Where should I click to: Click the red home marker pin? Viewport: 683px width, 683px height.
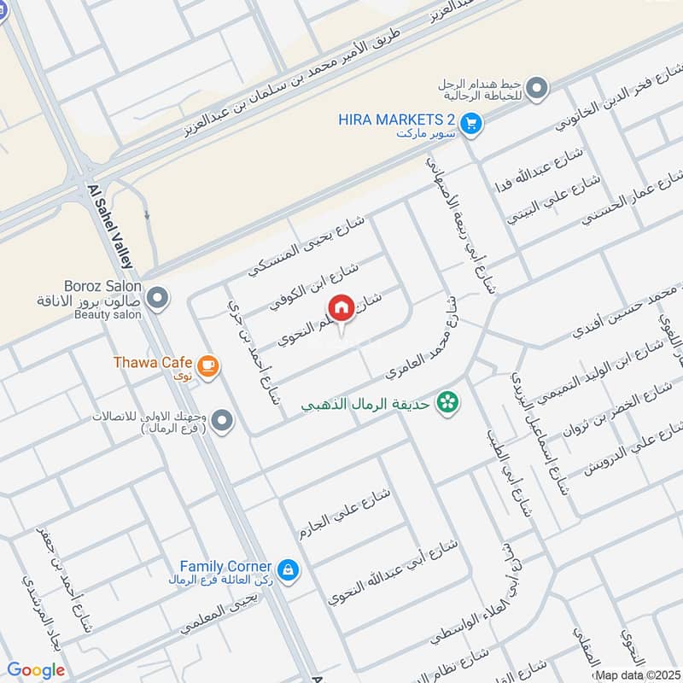(x=341, y=307)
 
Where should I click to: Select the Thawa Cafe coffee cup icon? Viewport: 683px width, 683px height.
(x=207, y=365)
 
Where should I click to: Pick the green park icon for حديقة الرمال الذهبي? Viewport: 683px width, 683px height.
(x=446, y=400)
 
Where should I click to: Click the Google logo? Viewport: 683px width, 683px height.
(x=36, y=670)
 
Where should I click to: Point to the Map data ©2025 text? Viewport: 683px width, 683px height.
(x=637, y=674)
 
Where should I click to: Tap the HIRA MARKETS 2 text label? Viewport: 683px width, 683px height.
(x=396, y=120)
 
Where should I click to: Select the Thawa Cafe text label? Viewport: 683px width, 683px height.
(x=152, y=362)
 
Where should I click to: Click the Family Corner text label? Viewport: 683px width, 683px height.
(x=225, y=566)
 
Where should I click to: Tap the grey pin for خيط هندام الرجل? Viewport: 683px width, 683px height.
(x=536, y=87)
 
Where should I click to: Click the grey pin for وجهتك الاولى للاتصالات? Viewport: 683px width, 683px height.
(x=222, y=421)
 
